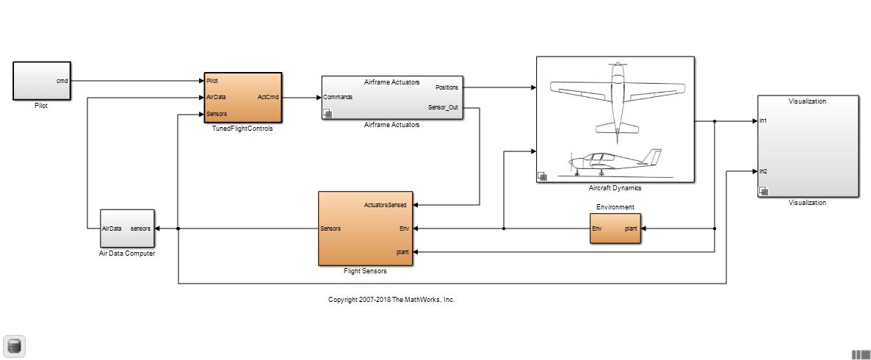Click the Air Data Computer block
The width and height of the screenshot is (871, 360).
pos(127,228)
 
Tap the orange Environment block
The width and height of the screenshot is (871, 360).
pos(615,228)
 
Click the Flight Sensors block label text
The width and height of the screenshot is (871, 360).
pos(365,271)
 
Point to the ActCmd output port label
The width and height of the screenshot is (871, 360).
pos(268,97)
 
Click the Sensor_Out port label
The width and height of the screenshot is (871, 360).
pos(443,107)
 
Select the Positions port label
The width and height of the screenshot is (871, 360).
pos(447,87)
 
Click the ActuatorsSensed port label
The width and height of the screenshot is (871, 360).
pos(386,205)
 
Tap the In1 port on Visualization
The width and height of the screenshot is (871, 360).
pos(763,120)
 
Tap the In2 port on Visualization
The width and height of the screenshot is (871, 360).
pos(763,171)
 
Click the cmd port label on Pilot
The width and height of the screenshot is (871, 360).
pos(62,81)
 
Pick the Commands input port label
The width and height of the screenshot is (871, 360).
pos(338,97)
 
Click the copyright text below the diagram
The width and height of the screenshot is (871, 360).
pos(391,300)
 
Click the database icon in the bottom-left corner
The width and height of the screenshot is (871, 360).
pos(14,345)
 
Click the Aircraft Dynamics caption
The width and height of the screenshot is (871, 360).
pos(615,188)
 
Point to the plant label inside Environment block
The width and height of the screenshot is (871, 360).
pos(630,228)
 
